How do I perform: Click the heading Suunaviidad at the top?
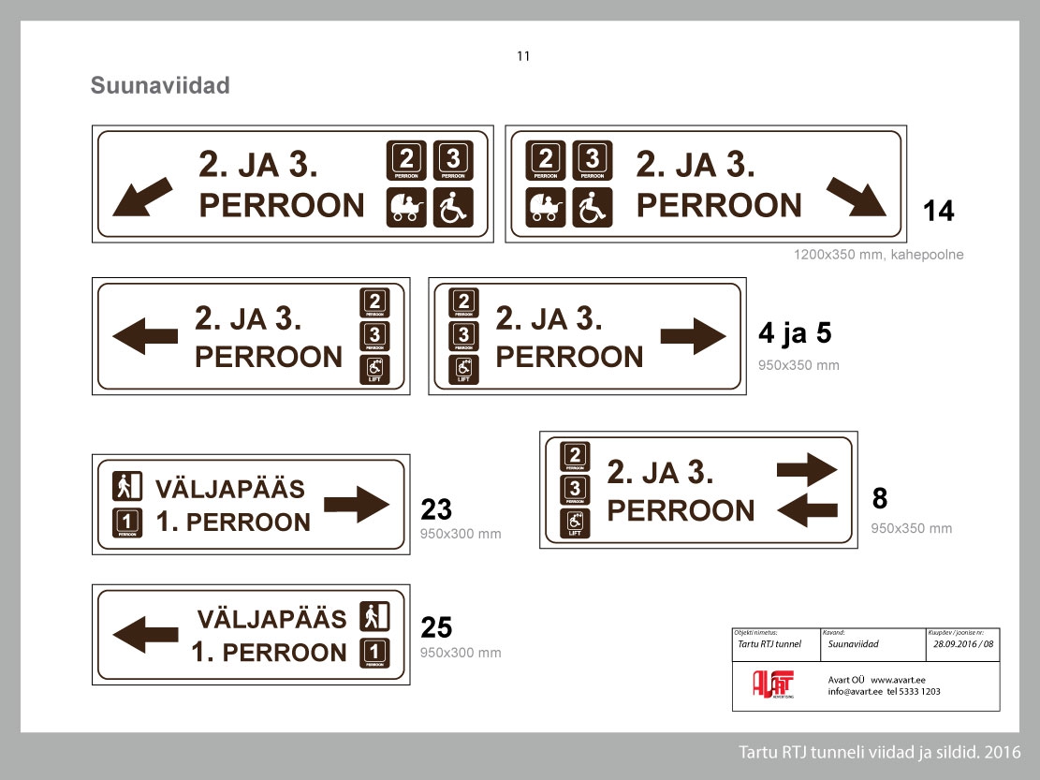tap(160, 86)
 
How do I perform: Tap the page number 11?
tap(523, 56)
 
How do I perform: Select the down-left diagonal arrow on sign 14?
tap(141, 198)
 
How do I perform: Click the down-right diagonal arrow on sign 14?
tap(856, 198)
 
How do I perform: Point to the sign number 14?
tap(939, 212)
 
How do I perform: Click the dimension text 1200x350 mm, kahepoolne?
tap(878, 255)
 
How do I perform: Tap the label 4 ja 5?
tap(794, 333)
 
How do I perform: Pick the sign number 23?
tap(436, 509)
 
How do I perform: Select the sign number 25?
tap(436, 627)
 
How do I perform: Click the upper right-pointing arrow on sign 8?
tap(807, 468)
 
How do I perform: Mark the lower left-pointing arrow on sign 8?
tap(807, 510)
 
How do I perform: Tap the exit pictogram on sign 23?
tap(127, 486)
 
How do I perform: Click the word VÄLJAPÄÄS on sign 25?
tap(271, 619)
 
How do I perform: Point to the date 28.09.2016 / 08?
tap(964, 644)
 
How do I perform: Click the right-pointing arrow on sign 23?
tap(357, 505)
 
